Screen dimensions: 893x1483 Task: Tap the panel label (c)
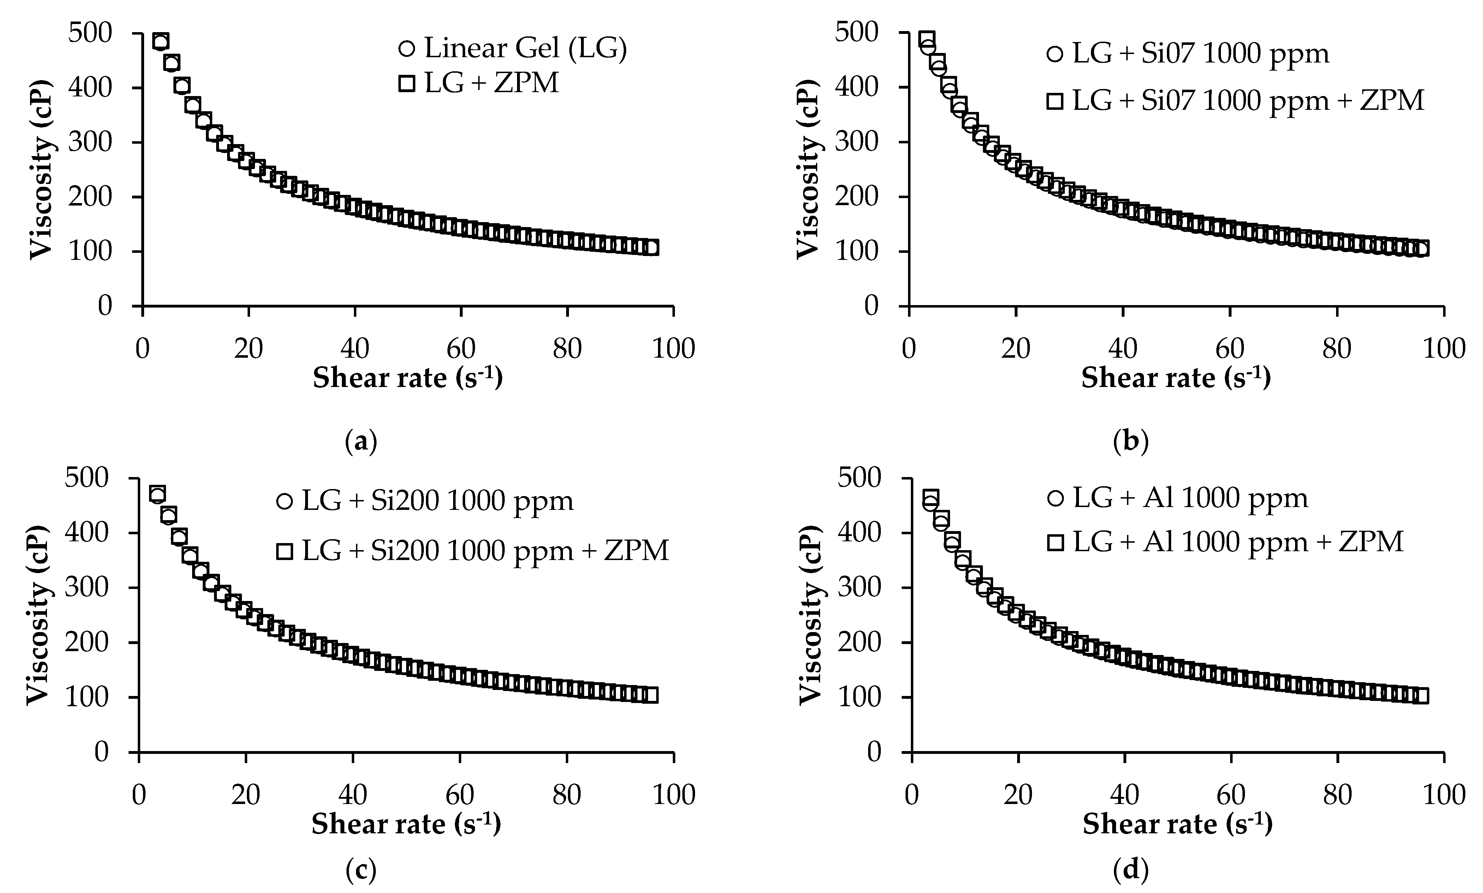coord(362,870)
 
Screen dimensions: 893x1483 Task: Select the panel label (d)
coord(1131,870)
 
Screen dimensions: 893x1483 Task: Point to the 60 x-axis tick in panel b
coord(1230,349)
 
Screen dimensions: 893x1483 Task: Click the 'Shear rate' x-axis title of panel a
coord(408,378)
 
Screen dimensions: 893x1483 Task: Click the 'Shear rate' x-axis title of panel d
coord(1177,824)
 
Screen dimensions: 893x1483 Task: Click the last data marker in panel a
coord(651,247)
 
